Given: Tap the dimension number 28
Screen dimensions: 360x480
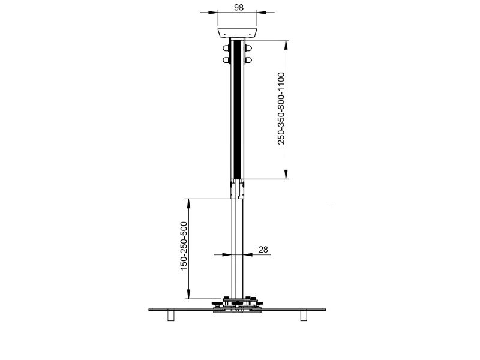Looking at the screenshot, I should click(x=262, y=248).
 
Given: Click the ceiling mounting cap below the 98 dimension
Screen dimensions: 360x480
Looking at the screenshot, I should click(x=237, y=33).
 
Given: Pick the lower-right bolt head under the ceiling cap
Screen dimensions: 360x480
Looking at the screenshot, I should click(x=248, y=59).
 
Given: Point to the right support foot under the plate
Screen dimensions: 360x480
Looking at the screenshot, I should click(x=304, y=316).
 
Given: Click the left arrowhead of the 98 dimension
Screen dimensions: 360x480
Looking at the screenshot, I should click(x=213, y=12).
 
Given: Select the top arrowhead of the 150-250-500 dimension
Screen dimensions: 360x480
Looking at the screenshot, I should click(x=189, y=202).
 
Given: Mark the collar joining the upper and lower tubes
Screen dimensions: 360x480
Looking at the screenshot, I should click(x=237, y=189).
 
